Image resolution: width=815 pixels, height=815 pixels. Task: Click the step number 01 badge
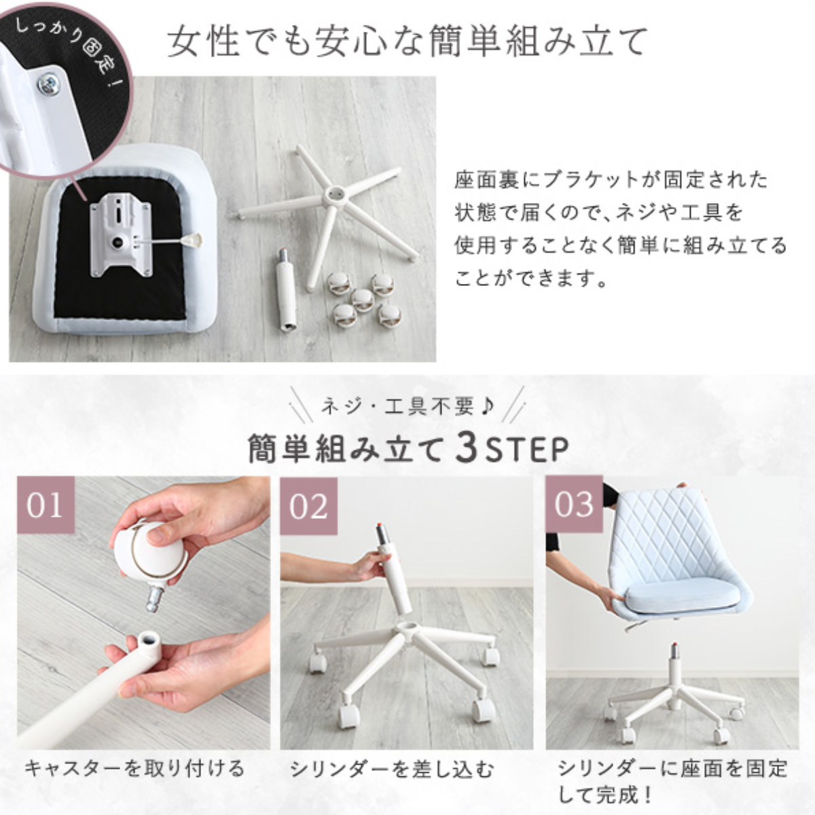coord(46,505)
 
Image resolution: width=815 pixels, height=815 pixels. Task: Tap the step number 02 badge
coord(309,506)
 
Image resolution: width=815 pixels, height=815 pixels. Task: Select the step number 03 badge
coord(574,504)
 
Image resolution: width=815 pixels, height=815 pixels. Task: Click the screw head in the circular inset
coord(49,86)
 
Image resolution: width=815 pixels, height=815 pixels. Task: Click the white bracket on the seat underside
coord(121,238)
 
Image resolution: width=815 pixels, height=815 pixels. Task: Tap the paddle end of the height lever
coord(193,240)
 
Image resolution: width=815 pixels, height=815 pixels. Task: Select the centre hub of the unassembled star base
coord(336,194)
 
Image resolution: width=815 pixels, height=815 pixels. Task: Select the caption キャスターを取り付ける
coord(135,768)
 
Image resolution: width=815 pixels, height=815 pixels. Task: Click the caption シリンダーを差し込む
coord(392,769)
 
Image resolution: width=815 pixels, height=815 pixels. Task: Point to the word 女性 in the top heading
coord(204,41)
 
